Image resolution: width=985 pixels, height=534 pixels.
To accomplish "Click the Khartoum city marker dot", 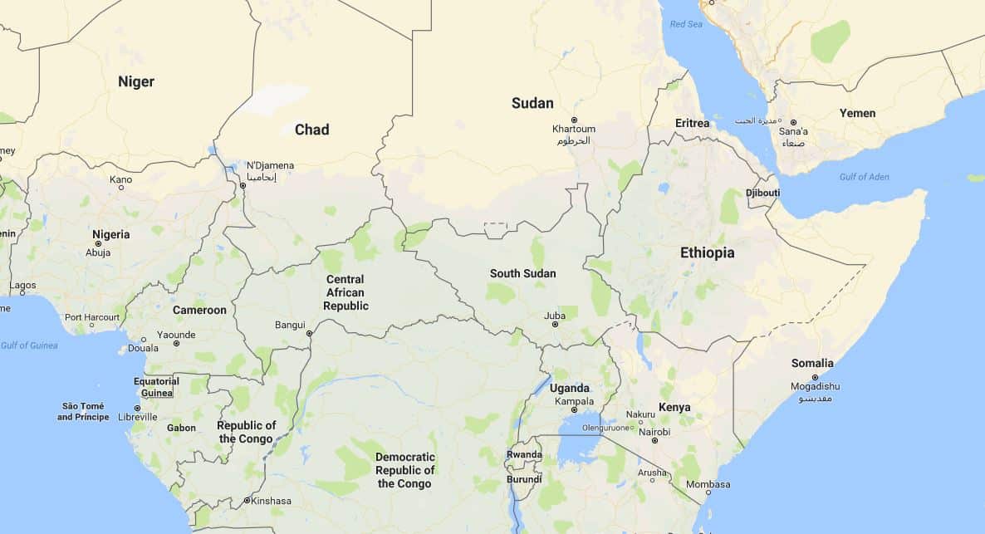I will (x=573, y=120).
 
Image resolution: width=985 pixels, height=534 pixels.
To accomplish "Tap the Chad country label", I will (x=311, y=130).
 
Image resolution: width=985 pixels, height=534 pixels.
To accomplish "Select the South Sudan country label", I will (x=522, y=273).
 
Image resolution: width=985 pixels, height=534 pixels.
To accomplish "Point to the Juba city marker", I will (x=555, y=325).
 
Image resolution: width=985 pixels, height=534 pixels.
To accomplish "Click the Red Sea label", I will (x=685, y=24).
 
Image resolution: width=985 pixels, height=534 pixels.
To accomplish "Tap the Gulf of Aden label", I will (x=864, y=177).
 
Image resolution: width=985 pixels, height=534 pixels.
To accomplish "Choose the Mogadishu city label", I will (x=814, y=386).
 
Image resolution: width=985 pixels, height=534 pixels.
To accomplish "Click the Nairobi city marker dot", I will (x=654, y=441).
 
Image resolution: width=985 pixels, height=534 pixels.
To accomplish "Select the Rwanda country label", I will (x=524, y=454).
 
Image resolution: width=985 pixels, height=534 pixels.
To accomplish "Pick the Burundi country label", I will (x=524, y=479).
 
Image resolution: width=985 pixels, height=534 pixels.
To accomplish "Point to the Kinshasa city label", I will (x=272, y=501).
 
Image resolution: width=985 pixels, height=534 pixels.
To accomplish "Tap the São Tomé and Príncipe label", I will (x=83, y=411).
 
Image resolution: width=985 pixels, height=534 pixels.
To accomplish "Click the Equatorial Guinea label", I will (x=156, y=387).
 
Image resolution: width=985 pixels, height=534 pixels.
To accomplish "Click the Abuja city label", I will (x=98, y=252).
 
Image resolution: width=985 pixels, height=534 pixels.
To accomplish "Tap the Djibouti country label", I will (x=762, y=193).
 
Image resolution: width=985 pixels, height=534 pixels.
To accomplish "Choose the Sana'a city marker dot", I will (x=793, y=122).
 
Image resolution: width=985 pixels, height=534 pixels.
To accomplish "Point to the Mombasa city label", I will (x=708, y=484).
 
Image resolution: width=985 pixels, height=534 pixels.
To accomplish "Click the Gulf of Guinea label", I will (x=29, y=345).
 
